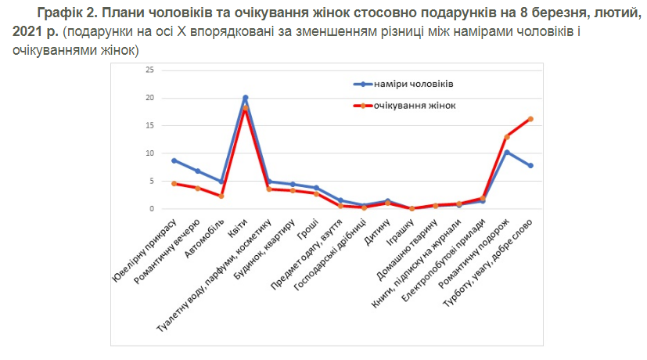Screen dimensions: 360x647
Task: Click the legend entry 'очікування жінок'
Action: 415,105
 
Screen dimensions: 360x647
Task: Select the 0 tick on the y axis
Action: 151,209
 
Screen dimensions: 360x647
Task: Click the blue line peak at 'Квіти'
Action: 246,98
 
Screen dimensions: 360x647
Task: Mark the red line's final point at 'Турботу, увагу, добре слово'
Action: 530,119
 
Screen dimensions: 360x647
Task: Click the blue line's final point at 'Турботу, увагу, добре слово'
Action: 530,165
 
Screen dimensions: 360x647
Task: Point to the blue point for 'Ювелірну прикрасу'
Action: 174,160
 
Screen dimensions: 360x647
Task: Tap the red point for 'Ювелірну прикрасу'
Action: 174,183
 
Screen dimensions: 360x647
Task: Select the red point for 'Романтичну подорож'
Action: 507,137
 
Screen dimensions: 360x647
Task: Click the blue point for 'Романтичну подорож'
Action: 507,152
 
